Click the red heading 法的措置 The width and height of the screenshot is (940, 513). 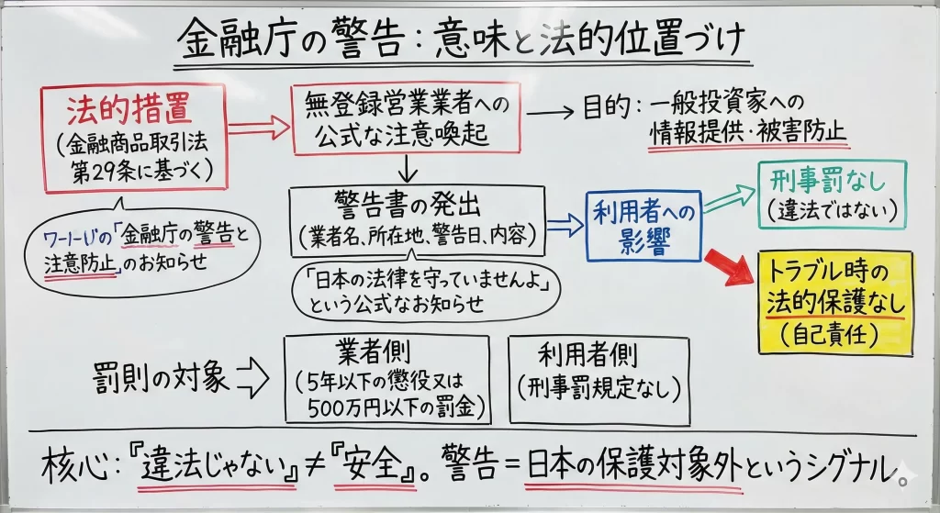[129, 111]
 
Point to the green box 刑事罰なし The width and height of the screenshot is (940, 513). [832, 195]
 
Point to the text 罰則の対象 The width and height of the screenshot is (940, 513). [162, 376]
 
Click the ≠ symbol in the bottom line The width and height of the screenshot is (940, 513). [328, 465]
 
